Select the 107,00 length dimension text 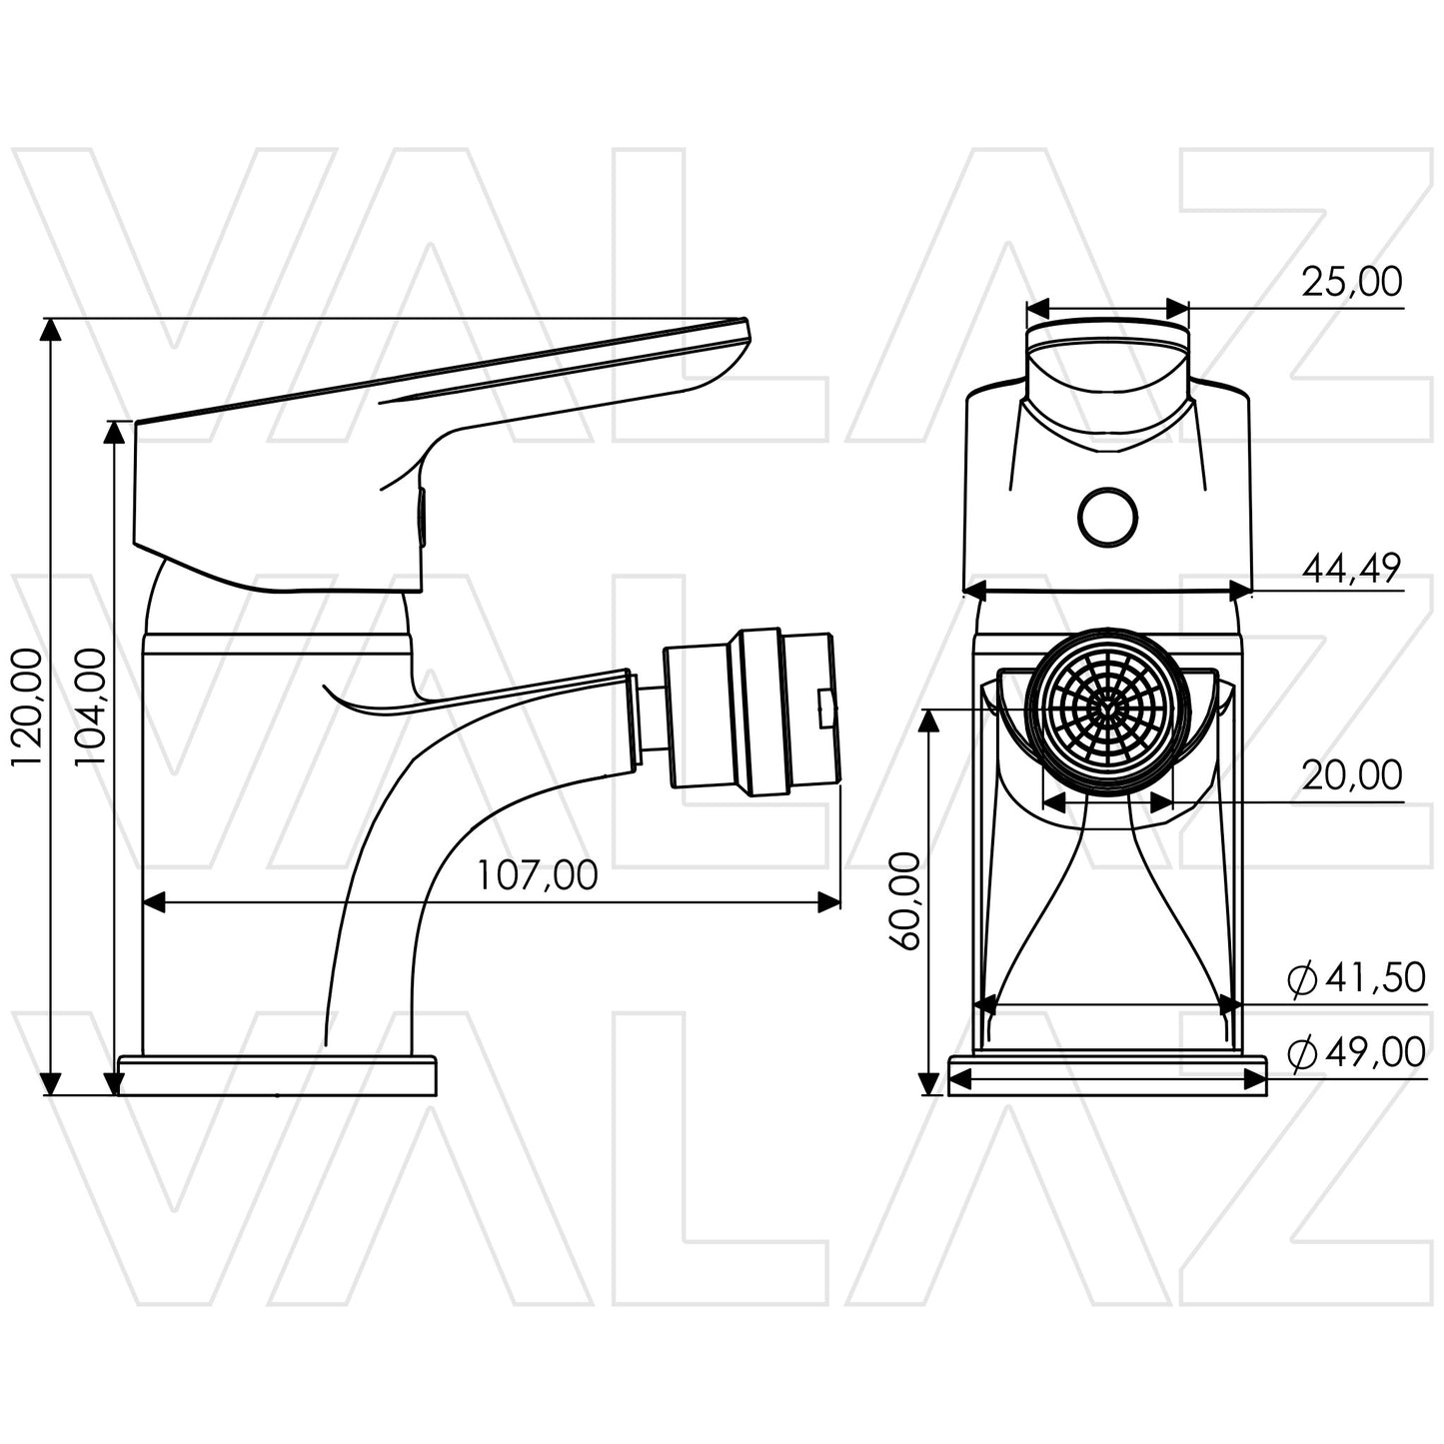point(537,875)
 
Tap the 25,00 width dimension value point(1351,282)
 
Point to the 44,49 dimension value point(1351,569)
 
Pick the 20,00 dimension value point(1351,775)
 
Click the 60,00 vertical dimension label point(904,901)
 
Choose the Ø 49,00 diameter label point(1356,1053)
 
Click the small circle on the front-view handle point(1107,518)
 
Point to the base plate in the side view point(278,1075)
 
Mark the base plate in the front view point(1107,1075)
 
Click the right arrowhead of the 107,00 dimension point(829,902)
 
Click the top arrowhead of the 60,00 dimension point(930,721)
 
